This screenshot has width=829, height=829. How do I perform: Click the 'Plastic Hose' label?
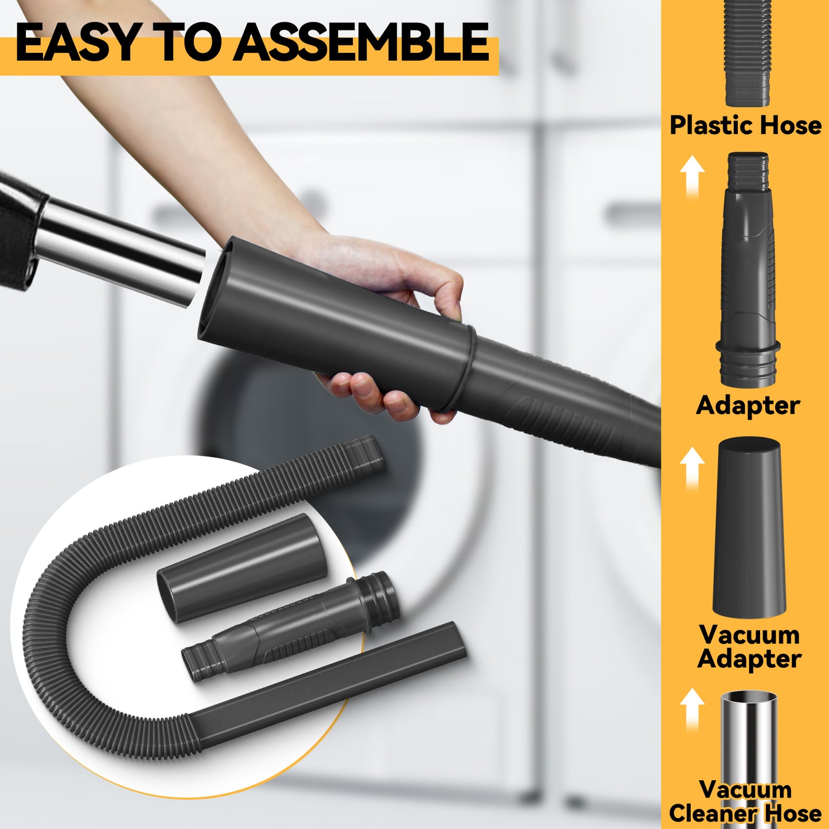pos(746,125)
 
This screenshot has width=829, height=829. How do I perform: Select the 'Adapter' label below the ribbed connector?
pos(748,406)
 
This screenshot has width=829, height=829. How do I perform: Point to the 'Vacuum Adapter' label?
pos(749,647)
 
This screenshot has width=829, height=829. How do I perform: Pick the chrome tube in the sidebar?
pos(749,761)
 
